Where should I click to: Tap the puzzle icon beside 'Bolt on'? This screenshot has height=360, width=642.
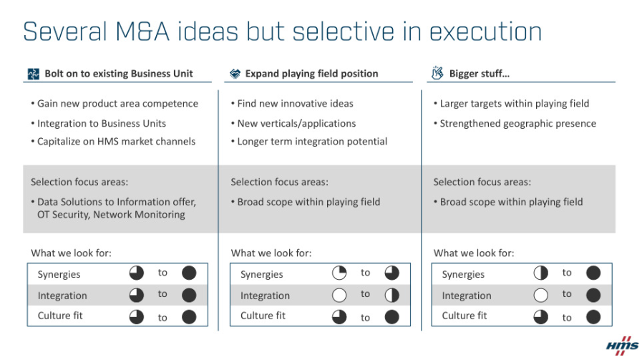point(33,74)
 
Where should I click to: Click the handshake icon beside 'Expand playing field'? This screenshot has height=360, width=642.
point(235,74)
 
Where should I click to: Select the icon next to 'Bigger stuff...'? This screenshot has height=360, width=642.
point(437,73)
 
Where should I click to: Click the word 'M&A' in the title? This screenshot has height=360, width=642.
point(142,31)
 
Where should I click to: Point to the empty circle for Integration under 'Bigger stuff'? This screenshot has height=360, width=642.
point(540,296)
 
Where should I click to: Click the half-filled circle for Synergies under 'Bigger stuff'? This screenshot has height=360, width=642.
point(540,273)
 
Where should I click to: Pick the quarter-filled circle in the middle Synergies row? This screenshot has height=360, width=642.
point(339,273)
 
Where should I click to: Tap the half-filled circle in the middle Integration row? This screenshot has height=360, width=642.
point(391,296)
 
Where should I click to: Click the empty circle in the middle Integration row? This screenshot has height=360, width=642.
point(339,296)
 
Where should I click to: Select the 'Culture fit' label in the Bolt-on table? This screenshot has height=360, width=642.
point(60,316)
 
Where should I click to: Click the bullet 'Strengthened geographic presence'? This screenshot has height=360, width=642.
point(515,124)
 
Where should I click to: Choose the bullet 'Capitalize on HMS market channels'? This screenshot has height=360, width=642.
point(113,142)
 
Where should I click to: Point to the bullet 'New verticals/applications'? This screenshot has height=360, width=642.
point(293,124)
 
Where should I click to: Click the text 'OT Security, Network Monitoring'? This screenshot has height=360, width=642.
point(111,215)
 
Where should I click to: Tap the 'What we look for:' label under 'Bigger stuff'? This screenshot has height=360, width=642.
point(474,253)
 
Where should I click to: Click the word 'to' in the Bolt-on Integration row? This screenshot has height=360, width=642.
point(162,294)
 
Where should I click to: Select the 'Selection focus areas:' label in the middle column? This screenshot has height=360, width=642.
point(279,182)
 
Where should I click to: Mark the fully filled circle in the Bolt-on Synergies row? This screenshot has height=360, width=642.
point(189,273)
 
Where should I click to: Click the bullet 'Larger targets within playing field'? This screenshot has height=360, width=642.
point(512,104)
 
